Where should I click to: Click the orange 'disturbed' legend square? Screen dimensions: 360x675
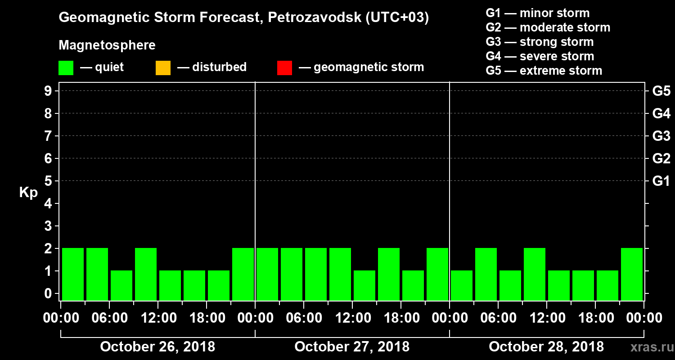tap(163, 67)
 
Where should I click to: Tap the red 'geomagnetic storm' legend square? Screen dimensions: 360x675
tap(284, 67)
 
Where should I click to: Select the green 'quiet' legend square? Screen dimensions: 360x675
tap(66, 67)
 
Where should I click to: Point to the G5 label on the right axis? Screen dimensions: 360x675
tap(661, 91)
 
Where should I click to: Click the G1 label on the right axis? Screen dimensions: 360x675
tap(661, 181)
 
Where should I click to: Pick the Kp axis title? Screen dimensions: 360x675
tap(28, 193)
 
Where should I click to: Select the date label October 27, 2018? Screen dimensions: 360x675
tap(352, 347)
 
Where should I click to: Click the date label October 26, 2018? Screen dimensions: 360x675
tap(157, 347)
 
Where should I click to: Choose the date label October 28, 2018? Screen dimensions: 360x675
tap(546, 347)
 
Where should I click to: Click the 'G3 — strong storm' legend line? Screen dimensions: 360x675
tap(540, 42)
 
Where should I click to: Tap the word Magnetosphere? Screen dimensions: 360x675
tap(107, 45)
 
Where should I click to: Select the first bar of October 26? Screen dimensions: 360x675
tap(73, 274)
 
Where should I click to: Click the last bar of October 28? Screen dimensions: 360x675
tap(632, 274)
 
